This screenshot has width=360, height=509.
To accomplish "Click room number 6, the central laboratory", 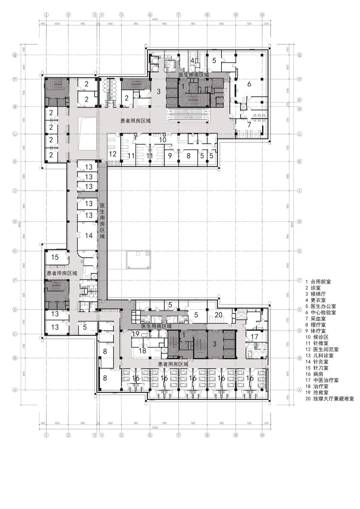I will (249, 84).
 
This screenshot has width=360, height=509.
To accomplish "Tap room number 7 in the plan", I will (249, 125).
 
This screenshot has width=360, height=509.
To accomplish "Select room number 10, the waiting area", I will (162, 140).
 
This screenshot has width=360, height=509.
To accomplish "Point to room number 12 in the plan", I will (113, 154).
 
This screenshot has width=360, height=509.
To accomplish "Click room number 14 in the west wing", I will (89, 236).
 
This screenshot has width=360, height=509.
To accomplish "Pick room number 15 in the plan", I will (55, 257).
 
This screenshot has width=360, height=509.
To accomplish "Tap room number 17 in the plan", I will (254, 337).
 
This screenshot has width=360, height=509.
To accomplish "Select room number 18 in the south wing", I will (142, 351).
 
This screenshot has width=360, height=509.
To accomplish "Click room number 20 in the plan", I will (218, 315).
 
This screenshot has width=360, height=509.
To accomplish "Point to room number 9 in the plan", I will (170, 156).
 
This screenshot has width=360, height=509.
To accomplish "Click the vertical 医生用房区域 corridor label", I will (102, 221).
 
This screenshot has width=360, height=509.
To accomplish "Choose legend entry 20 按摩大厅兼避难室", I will (329, 399).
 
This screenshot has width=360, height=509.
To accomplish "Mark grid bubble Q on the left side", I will (14, 55).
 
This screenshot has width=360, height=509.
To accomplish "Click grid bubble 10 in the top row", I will (262, 15).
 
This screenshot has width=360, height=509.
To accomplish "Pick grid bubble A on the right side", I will (299, 389).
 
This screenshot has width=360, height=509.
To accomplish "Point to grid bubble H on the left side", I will (14, 221).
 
